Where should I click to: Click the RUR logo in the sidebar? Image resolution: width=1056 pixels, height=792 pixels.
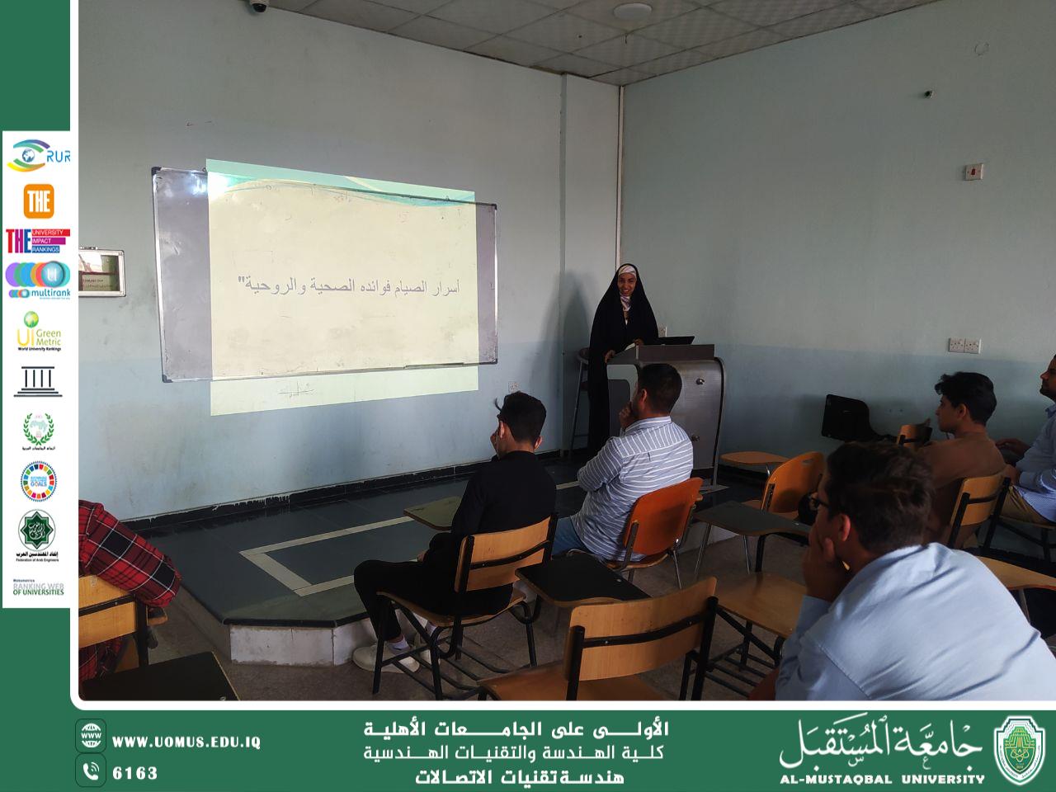click(38, 154)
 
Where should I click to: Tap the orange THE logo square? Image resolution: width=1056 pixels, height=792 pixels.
click(39, 200)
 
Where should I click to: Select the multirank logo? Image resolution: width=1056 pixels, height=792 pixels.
click(38, 280)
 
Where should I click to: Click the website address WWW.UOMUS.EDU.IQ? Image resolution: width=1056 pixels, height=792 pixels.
click(186, 742)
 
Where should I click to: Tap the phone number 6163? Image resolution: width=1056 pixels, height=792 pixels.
click(134, 773)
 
